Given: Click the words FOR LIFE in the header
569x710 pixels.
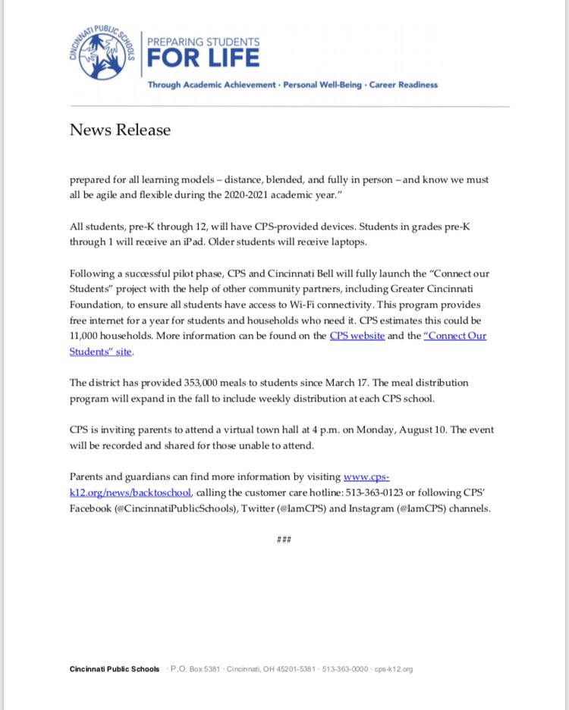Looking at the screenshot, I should coord(203,58).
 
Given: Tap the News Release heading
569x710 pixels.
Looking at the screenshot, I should coord(120,130).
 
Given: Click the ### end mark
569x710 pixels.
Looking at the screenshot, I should coord(284,539).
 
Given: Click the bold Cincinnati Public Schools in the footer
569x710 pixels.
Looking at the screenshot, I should coord(114,669).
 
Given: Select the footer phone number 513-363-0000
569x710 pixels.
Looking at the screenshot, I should coord(345,669).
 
